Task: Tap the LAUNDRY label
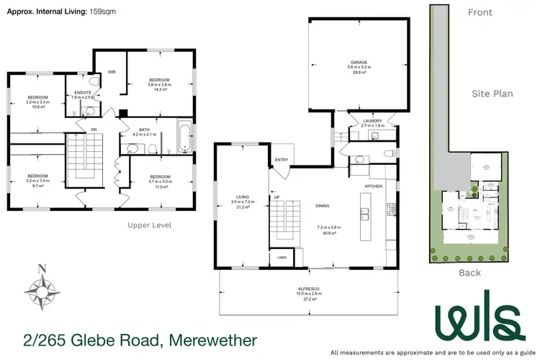coord(372,120)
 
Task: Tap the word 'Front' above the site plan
coord(480,12)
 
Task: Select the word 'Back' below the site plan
coord(469,272)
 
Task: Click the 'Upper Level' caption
coord(149,225)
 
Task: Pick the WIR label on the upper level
coord(112,72)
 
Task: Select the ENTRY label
coord(281,161)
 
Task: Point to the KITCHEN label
coord(372,186)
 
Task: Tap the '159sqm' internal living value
coord(100,12)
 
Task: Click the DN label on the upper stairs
coord(92,130)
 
